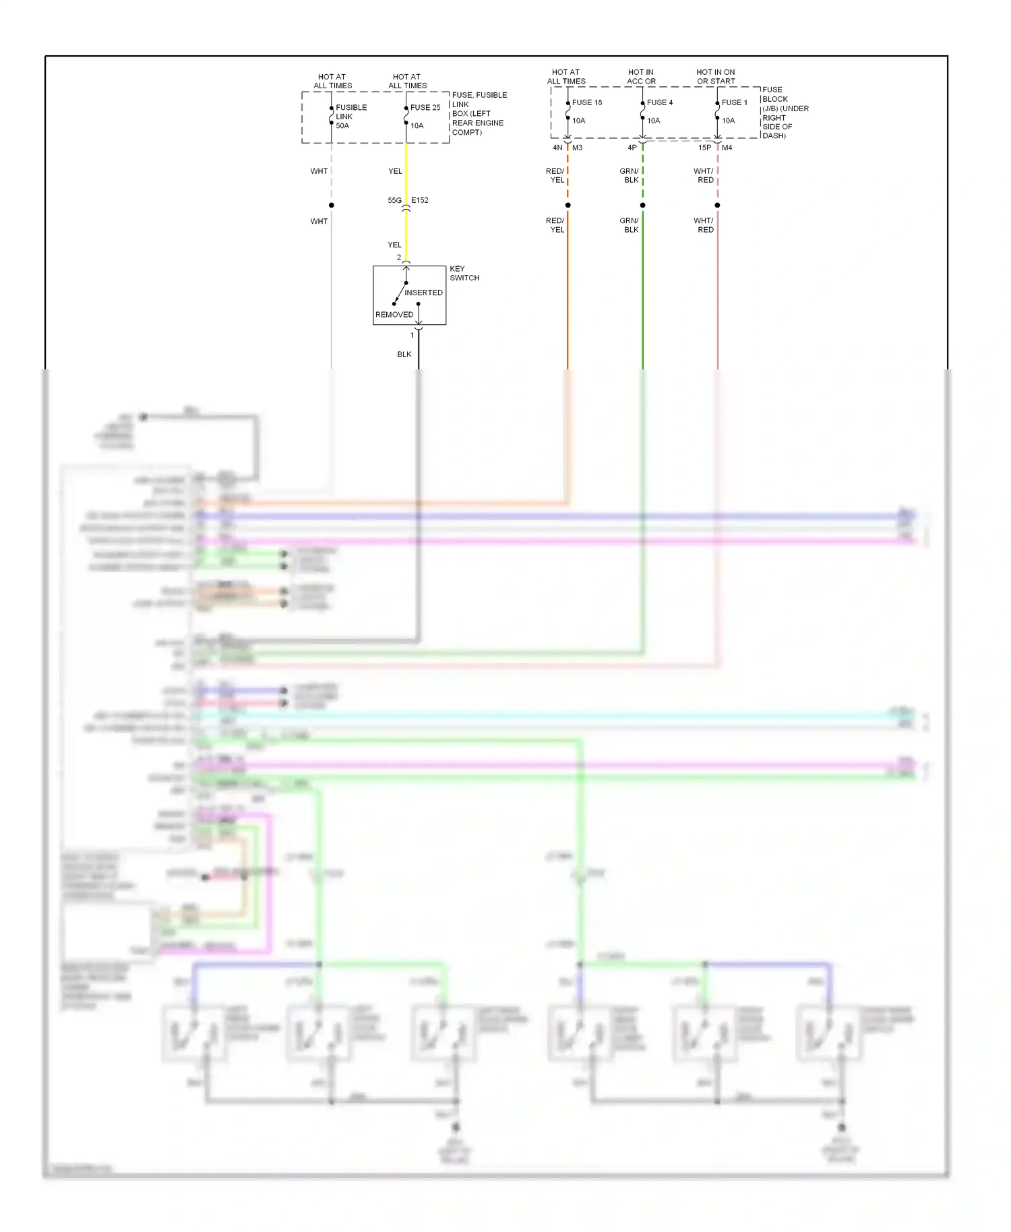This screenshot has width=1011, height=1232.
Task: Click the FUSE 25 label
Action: (x=425, y=107)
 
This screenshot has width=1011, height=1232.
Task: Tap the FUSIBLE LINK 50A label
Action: (x=350, y=117)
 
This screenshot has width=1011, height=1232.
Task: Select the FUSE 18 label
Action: (x=587, y=102)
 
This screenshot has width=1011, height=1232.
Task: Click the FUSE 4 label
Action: (x=660, y=102)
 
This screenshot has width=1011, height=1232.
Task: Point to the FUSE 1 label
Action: (x=735, y=102)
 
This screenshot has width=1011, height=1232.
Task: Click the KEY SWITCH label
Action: (x=464, y=273)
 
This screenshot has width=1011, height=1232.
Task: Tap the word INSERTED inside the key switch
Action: (x=423, y=292)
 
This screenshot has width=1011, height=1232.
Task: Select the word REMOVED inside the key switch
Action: (x=394, y=315)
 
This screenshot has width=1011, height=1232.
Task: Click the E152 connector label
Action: (x=420, y=200)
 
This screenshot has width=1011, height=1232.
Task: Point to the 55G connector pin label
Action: (x=394, y=200)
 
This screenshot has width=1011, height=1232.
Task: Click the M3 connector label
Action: (x=578, y=148)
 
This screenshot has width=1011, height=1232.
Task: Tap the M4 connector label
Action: (x=727, y=148)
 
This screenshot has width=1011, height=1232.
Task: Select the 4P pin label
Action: (x=632, y=148)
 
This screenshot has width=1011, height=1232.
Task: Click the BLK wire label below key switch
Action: (x=404, y=355)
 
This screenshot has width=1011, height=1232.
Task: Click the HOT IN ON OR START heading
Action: (x=716, y=77)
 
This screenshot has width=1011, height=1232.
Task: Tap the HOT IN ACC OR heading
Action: (x=641, y=77)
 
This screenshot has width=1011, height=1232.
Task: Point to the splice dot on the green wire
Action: (x=643, y=205)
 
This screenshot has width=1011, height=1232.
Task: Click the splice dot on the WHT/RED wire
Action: (x=718, y=205)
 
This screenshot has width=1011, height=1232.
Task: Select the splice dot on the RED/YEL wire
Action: (x=568, y=205)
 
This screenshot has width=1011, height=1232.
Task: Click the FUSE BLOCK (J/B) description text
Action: (x=785, y=113)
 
